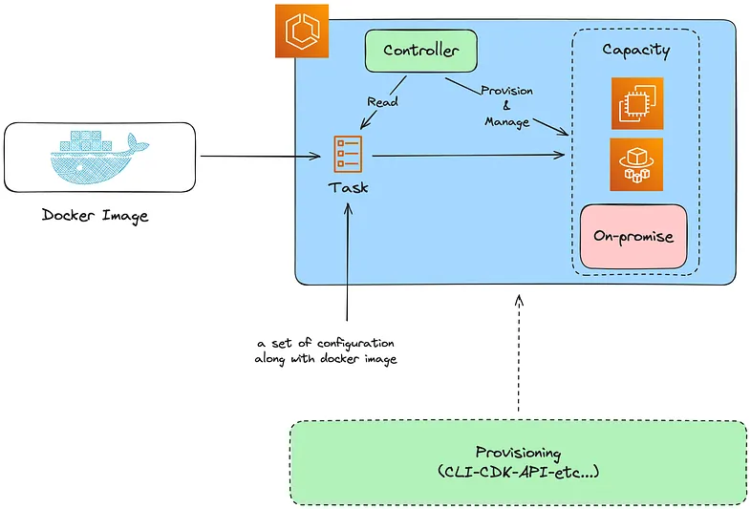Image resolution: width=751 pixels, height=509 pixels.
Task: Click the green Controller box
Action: click(x=421, y=51)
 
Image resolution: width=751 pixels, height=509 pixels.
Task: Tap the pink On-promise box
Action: click(x=633, y=237)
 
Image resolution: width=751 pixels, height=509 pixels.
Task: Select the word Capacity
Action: click(x=636, y=51)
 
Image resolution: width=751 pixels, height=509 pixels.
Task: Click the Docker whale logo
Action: click(x=99, y=157)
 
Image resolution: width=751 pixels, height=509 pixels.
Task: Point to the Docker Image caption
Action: click(x=95, y=216)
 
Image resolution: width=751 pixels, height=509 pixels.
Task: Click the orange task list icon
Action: click(x=348, y=154)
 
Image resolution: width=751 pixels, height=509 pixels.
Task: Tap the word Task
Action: click(x=348, y=187)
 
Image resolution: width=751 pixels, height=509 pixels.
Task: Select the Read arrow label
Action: click(x=382, y=101)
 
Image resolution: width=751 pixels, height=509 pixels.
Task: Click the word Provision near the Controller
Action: click(x=506, y=91)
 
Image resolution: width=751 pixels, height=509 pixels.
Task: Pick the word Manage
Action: click(x=506, y=122)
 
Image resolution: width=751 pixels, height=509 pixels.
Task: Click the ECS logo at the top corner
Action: click(x=302, y=32)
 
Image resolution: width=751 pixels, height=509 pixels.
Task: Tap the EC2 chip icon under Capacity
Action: click(x=637, y=103)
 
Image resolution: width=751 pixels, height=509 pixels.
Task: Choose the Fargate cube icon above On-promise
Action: click(x=636, y=164)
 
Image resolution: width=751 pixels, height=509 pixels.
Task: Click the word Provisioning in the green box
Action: click(x=518, y=453)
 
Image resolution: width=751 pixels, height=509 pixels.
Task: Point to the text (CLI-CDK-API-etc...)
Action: click(x=518, y=472)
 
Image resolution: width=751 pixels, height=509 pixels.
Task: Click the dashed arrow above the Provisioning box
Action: click(x=519, y=353)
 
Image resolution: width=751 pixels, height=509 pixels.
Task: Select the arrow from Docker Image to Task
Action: click(x=261, y=156)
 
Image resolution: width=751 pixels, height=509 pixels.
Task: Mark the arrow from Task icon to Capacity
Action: click(x=468, y=155)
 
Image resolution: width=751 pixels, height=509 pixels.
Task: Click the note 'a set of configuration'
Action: click(x=326, y=344)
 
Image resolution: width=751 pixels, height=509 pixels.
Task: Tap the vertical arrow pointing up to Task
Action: click(x=348, y=262)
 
